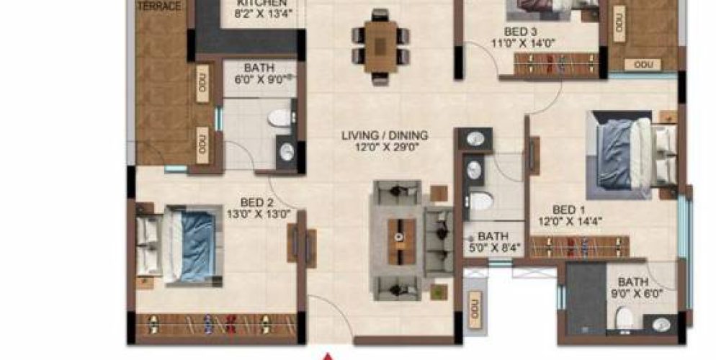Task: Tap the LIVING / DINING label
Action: [x=385, y=135]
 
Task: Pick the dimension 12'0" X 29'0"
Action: [x=385, y=147]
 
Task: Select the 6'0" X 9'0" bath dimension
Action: [x=259, y=79]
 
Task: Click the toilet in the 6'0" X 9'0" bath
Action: [x=278, y=118]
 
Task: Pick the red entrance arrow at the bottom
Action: [x=329, y=356]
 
